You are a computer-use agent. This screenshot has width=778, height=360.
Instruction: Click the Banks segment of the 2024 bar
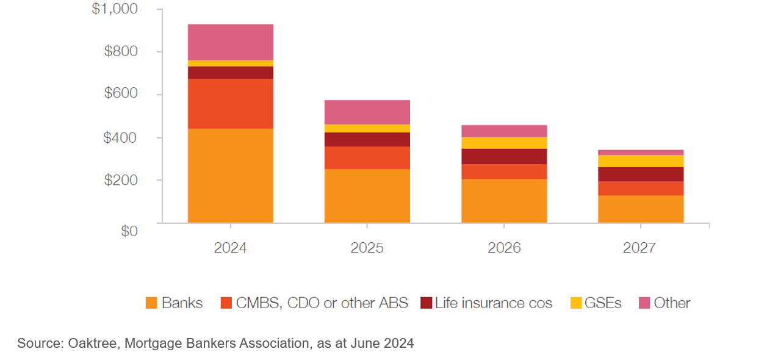[230, 176]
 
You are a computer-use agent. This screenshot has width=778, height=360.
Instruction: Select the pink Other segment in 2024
[230, 42]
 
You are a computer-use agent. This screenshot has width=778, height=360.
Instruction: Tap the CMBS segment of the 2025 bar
[367, 157]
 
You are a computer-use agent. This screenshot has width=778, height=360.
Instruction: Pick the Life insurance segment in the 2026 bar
[504, 156]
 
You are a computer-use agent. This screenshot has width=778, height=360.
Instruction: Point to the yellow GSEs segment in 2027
[641, 161]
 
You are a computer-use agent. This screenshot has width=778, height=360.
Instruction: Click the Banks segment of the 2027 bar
[641, 209]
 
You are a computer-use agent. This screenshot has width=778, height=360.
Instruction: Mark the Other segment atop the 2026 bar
[504, 131]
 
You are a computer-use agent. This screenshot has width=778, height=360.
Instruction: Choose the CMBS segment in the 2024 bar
[230, 104]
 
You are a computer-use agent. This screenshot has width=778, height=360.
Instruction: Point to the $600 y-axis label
[121, 95]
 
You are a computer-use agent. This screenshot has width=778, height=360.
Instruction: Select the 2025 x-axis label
[367, 248]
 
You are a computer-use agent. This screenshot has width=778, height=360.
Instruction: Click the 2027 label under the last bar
[639, 248]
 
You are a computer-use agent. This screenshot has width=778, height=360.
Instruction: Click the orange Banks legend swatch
[151, 303]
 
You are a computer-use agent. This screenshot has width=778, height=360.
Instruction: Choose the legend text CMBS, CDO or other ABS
[322, 303]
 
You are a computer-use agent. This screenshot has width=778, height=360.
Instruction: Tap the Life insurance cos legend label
[493, 303]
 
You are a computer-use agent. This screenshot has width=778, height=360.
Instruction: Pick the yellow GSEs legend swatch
[576, 303]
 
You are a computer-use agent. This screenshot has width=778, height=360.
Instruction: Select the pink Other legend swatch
[644, 303]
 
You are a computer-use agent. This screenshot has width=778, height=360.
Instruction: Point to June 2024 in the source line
[382, 344]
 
